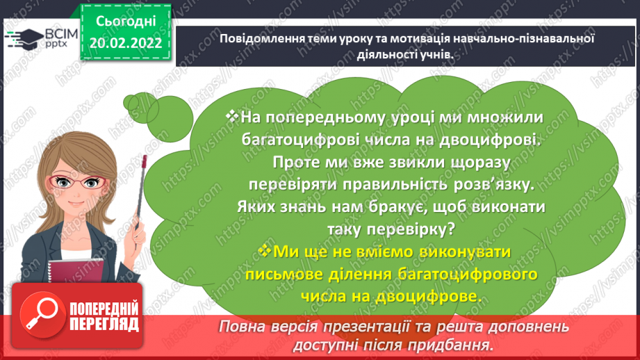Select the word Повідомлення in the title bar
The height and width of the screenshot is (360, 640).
(x=255, y=39)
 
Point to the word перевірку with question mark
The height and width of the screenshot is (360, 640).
(x=409, y=228)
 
